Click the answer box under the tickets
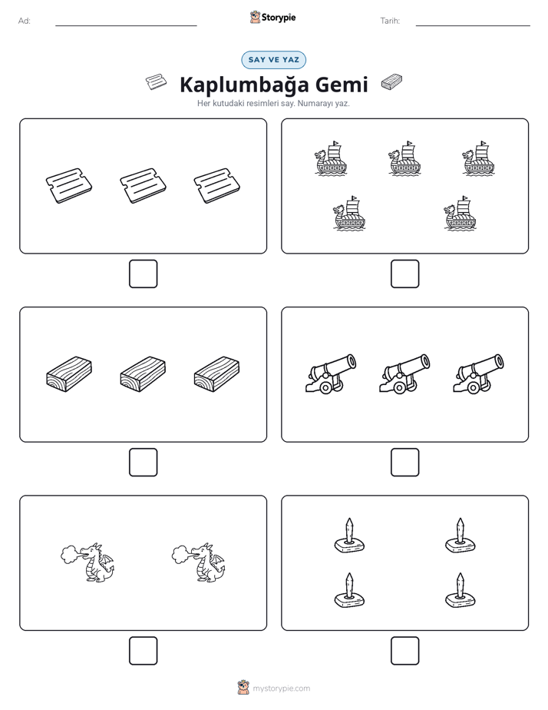pos(143,274)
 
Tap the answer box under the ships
pos(404,274)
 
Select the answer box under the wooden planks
pos(143,462)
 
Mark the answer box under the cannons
pos(404,462)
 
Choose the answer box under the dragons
pos(143,650)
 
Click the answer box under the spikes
pos(404,650)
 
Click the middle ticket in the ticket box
pos(143,186)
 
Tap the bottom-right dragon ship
pos(460,214)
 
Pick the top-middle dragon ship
pos(404,158)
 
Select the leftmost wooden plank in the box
pos(69,374)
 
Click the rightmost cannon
pos(478,374)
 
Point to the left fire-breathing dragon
pos(87,562)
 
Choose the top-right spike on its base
pos(460,536)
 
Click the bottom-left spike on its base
pos(349,590)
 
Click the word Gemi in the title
pos(342,85)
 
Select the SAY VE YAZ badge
pos(273,60)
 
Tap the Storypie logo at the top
pos(272,17)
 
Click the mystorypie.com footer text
pos(281,688)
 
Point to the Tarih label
pos(390,21)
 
